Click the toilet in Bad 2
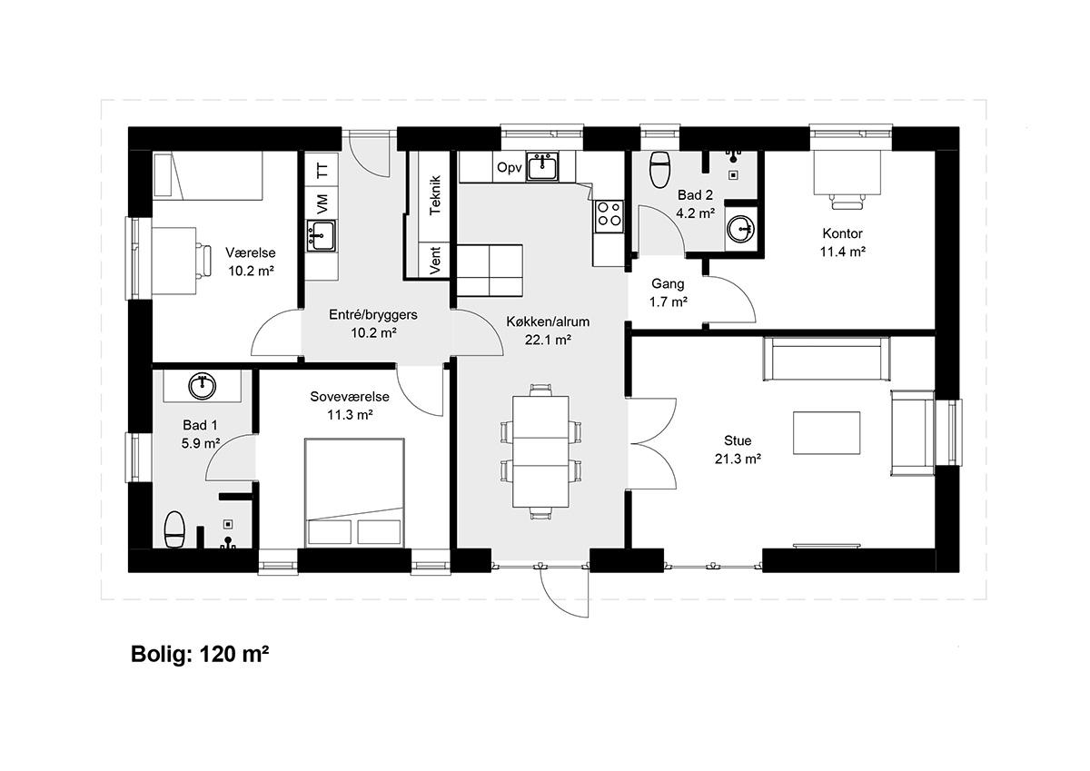(660, 170)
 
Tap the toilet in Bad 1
(173, 529)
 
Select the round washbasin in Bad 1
(202, 386)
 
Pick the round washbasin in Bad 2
(740, 228)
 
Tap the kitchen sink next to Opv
(542, 166)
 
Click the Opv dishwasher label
(509, 168)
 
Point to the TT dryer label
(322, 170)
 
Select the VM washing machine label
(322, 204)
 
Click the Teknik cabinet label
(435, 195)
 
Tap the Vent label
(435, 261)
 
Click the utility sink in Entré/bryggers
(322, 236)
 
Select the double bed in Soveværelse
(355, 492)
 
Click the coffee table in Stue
(827, 433)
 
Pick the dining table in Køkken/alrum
(540, 452)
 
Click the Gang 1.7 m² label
(669, 292)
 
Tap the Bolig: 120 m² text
(200, 654)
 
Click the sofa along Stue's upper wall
(827, 359)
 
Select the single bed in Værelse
(208, 175)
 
